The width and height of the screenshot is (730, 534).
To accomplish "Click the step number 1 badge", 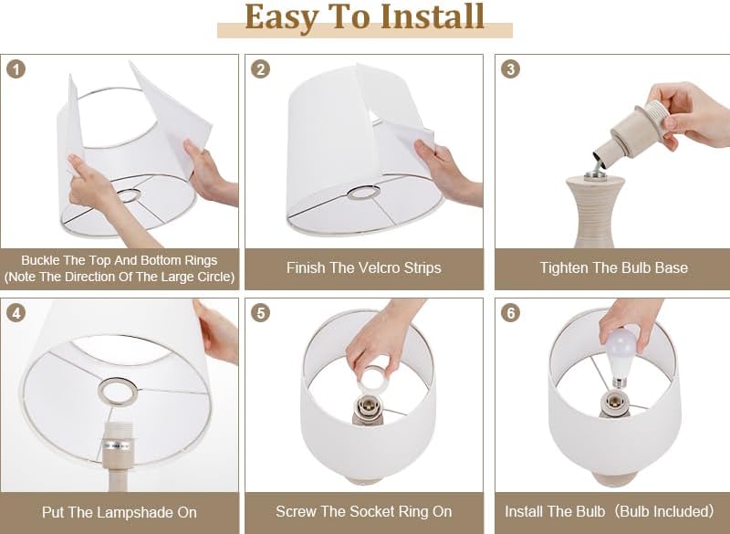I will [17, 70].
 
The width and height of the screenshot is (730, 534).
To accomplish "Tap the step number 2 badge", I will [262, 70].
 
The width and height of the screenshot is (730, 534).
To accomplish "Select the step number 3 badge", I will [511, 70].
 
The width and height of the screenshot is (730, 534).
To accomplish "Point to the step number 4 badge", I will [17, 313].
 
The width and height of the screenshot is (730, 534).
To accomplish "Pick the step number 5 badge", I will [262, 313].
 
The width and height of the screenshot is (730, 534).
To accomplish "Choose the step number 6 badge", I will [511, 313].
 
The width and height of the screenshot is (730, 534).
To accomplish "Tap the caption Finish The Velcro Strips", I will [363, 268].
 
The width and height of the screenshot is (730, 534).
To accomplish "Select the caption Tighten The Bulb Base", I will [613, 268].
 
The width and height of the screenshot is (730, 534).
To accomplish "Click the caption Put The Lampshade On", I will [119, 512].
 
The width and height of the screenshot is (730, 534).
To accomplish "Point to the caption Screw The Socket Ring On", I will [363, 512].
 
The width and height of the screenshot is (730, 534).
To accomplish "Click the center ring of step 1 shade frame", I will [132, 194].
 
